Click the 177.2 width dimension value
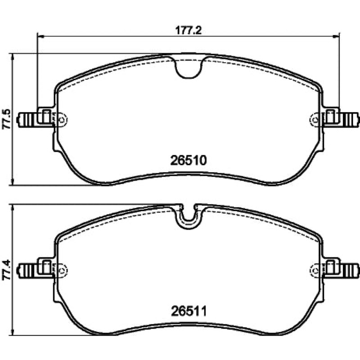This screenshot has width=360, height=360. pyautogui.click(x=188, y=30)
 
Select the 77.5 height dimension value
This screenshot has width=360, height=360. pyautogui.click(x=7, y=119)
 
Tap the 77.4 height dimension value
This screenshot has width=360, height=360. pyautogui.click(x=7, y=270)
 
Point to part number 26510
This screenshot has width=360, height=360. pyautogui.click(x=189, y=160)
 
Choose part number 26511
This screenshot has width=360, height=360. pyautogui.click(x=189, y=311)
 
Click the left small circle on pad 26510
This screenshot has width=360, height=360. pyautogui.click(x=62, y=120)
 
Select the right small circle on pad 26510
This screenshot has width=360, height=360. pyautogui.click(x=315, y=120)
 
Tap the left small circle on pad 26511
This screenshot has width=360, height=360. pyautogui.click(x=62, y=270)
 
